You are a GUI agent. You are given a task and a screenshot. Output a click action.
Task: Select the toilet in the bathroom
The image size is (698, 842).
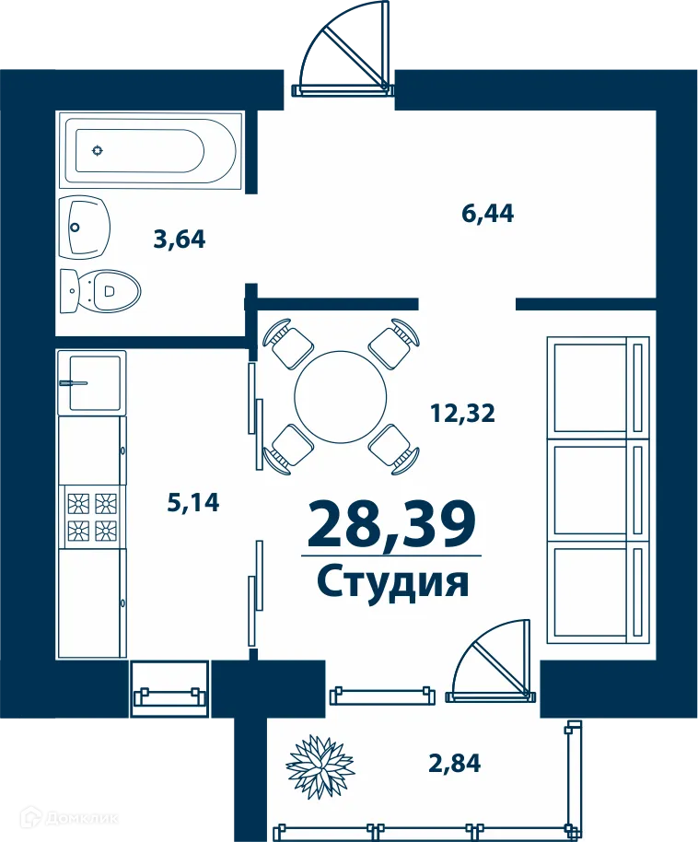pyautogui.click(x=101, y=292)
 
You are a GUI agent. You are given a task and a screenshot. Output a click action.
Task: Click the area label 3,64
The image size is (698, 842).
pyautogui.click(x=180, y=240)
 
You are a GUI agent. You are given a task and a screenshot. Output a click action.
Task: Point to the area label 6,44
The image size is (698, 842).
pyautogui.click(x=487, y=214)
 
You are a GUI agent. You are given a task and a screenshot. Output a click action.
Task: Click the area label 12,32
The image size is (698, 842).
pyautogui.click(x=462, y=414)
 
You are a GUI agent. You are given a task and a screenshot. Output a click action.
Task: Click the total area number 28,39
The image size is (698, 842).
pyautogui.click(x=391, y=523)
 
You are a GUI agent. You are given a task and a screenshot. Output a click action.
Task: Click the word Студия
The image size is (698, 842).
pyautogui.click(x=393, y=582)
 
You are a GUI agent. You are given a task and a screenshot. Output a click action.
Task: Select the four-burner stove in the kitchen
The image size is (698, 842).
pyautogui.click(x=92, y=516)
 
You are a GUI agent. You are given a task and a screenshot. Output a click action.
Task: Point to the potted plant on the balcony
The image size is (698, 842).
pyautogui.click(x=320, y=766)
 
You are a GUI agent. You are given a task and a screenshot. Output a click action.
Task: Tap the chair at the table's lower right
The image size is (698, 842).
pyautogui.click(x=394, y=448)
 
